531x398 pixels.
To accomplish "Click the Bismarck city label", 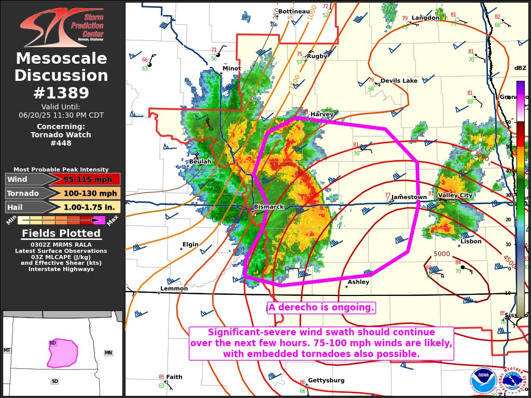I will pos(269,207).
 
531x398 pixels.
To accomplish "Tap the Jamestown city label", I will pos(409,197).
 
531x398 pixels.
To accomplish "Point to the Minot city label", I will pos(231,68).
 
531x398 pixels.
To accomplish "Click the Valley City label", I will pos(455,195).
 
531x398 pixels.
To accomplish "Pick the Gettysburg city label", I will pos(326,380).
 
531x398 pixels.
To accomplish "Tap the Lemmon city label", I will pos(170,289).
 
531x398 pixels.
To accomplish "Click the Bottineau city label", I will pos(294,11).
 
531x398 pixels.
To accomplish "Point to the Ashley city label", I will pos(358,282).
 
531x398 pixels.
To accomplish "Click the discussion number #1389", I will pos(61,93).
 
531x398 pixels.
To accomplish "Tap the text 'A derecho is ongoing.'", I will pos(321,308).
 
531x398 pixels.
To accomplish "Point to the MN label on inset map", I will pos(108,353).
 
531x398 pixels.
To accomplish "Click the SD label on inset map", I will pos(54,381).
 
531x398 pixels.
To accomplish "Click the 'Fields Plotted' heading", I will pos(61,234).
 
